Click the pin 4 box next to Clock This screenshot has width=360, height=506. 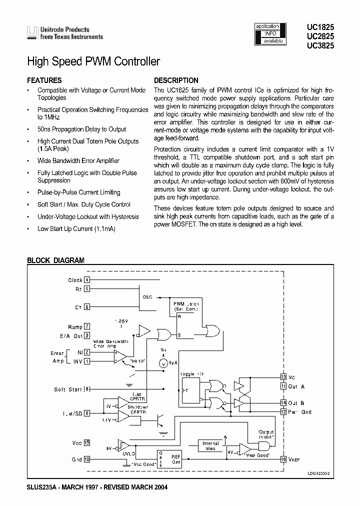click(87, 280)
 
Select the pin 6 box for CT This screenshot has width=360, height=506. click(87, 307)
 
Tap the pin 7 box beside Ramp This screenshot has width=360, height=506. click(87, 327)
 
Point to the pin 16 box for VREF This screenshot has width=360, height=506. click(283, 458)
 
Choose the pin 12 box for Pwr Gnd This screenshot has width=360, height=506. click(283, 411)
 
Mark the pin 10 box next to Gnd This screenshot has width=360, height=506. click(87, 458)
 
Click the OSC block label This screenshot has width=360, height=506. click(147, 296)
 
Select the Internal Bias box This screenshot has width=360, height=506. click(210, 446)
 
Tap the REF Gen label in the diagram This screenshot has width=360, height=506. click(176, 458)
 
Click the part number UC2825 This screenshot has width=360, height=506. click(320, 36)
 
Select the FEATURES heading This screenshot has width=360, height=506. click(44, 80)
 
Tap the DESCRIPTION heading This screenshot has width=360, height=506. click(176, 80)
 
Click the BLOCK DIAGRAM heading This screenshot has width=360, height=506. click(55, 260)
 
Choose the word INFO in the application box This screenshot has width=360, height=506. click(270, 33)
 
